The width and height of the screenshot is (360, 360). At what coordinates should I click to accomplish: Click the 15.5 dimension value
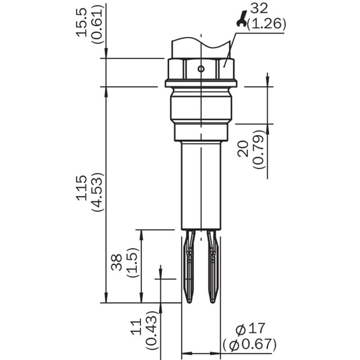click(82, 22)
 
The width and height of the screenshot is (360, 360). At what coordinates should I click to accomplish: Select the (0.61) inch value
click(97, 24)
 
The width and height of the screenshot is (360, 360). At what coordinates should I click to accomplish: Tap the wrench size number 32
click(259, 9)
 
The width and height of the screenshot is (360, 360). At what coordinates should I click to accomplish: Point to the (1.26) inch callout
click(266, 24)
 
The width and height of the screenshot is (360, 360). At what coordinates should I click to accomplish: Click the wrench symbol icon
click(242, 19)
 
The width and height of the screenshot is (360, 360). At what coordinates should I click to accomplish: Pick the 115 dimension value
click(82, 188)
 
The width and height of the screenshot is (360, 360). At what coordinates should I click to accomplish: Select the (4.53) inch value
click(97, 192)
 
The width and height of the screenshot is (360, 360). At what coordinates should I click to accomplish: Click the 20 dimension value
click(243, 149)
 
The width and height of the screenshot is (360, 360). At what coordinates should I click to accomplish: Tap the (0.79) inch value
click(259, 149)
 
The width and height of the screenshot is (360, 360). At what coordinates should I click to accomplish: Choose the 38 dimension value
click(117, 263)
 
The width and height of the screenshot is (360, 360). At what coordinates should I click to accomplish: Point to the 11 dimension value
click(136, 327)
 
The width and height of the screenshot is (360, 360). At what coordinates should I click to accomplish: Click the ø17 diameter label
click(250, 328)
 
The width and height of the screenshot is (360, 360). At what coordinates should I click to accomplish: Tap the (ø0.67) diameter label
click(250, 344)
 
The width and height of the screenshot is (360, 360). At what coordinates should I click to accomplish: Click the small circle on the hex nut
click(201, 68)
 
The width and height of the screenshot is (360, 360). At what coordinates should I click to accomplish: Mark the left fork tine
click(189, 266)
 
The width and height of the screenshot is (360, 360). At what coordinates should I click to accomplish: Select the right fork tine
click(212, 266)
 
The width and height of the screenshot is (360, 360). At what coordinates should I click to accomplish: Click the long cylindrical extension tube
click(201, 185)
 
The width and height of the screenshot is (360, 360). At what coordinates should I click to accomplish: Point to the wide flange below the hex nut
click(201, 83)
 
